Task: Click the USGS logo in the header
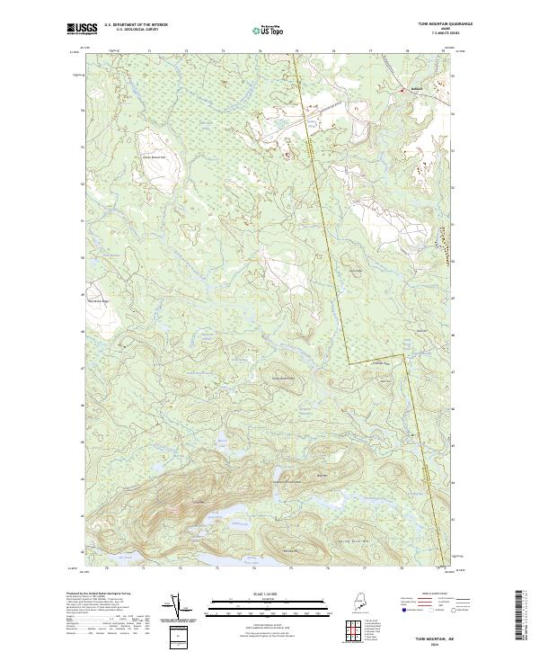[80, 29]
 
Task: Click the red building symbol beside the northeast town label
[402, 90]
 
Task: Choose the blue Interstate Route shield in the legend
[402, 609]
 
